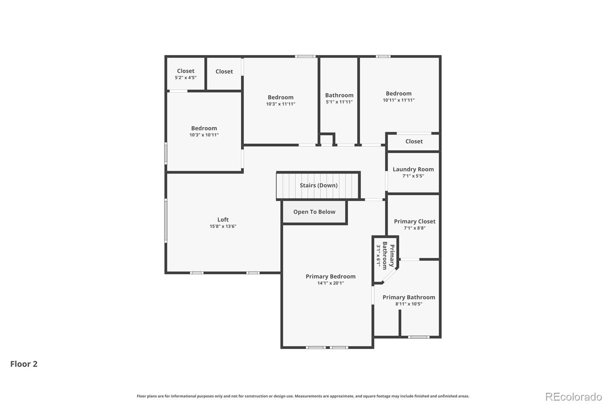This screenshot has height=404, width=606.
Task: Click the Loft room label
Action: (x=223, y=219)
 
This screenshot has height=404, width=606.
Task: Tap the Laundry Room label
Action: (x=413, y=169)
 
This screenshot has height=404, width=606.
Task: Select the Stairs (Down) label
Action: (x=319, y=185)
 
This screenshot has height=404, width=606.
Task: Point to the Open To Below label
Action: (x=314, y=212)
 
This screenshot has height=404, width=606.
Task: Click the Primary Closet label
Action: (x=415, y=221)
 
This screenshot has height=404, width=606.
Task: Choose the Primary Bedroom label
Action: (x=331, y=276)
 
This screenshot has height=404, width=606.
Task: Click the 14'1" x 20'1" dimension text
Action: (x=331, y=283)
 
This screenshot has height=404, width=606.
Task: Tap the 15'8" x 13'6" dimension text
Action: (x=223, y=226)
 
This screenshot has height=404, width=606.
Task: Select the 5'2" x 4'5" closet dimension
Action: (x=186, y=78)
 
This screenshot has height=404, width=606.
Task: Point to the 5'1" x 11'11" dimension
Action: (x=339, y=102)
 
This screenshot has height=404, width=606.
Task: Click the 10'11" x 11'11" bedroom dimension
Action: (x=399, y=100)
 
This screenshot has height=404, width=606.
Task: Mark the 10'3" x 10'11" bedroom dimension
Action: (x=204, y=135)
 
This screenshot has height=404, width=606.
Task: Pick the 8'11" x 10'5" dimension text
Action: (x=409, y=304)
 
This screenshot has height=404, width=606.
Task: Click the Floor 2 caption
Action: (x=24, y=364)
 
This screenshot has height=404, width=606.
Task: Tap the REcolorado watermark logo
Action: (x=573, y=397)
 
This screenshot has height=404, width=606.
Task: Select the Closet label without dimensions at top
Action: (x=224, y=72)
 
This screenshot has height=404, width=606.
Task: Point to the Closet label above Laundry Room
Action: (x=414, y=141)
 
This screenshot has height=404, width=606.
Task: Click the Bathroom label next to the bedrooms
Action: (x=339, y=95)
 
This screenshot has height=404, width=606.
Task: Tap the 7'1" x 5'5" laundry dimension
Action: (x=413, y=176)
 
